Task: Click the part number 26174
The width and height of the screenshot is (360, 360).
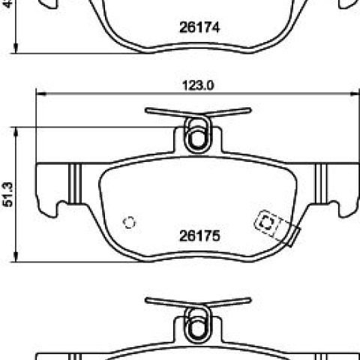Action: coord(199,27)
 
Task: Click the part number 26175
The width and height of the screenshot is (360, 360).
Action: coord(199,235)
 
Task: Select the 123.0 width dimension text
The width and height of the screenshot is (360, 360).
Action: coord(198,85)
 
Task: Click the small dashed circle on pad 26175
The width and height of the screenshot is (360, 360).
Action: coord(129,222)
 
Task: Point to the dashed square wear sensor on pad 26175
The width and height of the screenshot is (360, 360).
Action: coord(266,223)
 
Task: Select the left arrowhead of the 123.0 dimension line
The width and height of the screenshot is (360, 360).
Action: coord(41,94)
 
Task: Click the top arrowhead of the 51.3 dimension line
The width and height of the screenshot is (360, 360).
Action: coord(16,131)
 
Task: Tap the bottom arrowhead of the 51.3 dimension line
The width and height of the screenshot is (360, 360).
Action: coord(16,257)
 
